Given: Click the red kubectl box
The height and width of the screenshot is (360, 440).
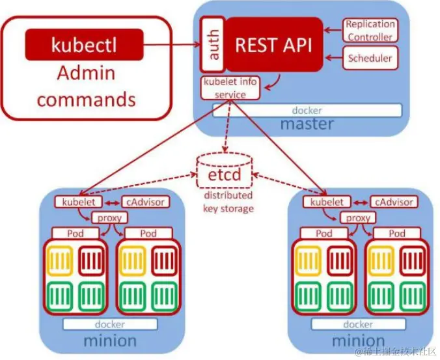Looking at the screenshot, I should pos(84,45).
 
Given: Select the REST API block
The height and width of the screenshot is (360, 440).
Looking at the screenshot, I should pos(273,44).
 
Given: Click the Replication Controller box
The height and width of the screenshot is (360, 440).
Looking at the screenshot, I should pos(370,31).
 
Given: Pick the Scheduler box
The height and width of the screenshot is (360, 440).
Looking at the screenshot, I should pos(370,59).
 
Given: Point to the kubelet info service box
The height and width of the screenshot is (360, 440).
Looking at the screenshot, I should pos(231,89).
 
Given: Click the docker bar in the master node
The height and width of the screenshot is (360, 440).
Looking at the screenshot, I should pos(307,111).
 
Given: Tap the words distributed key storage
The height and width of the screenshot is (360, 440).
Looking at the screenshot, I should pos(228,202).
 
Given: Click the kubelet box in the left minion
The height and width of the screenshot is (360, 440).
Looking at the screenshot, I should pos(76,202).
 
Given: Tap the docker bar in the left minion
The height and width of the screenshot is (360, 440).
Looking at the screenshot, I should pos(110,324).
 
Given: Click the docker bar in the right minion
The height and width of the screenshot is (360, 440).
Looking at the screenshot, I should pos(359,324).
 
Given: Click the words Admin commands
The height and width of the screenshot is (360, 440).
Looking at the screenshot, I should pos(86,86).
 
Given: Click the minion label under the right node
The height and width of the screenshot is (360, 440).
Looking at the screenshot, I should pos(359,340).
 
